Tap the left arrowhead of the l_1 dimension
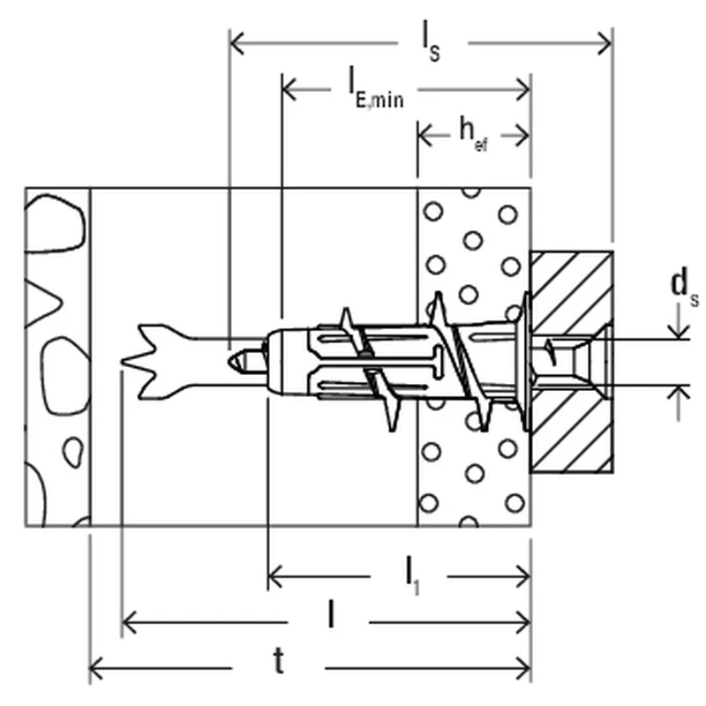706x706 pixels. click(x=274, y=577)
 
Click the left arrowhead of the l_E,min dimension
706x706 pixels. click(x=289, y=88)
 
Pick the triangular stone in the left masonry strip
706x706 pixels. click(x=43, y=300)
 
